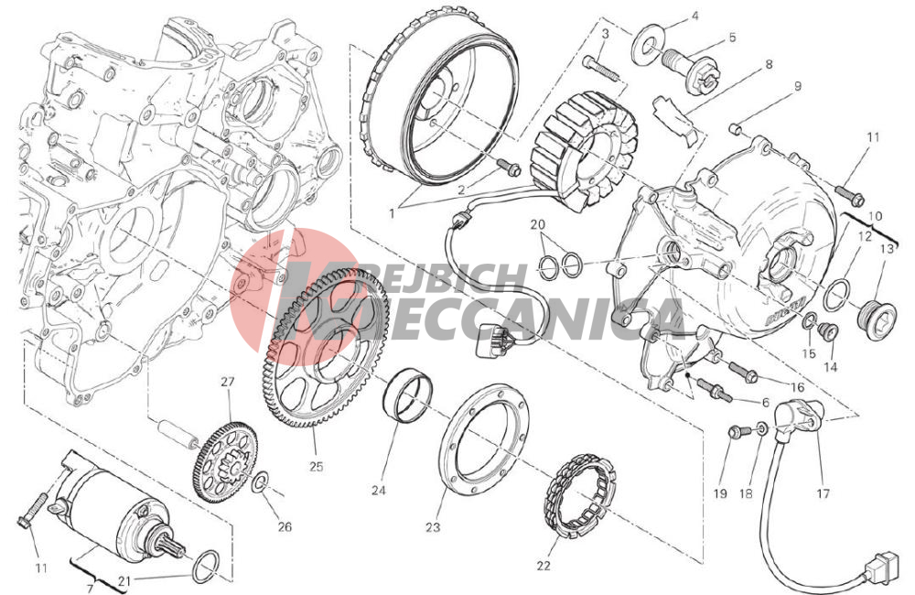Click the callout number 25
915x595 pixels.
coord(316,467)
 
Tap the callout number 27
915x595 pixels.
coord(227,382)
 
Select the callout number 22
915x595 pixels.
coord(544,565)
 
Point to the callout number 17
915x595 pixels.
coord(823,494)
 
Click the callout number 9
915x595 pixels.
coord(797,87)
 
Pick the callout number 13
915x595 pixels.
coord(887,249)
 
